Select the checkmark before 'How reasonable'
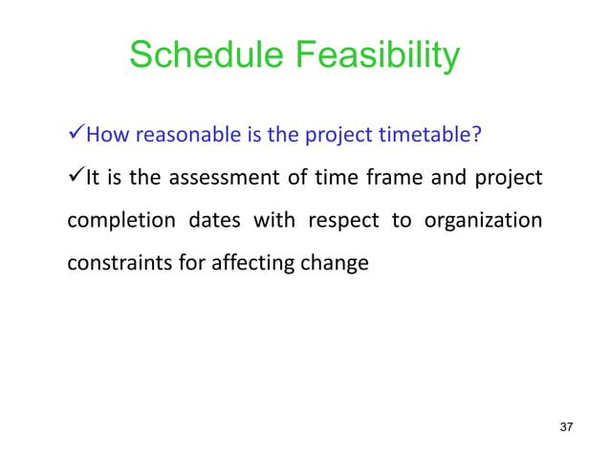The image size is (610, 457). tap(76, 133)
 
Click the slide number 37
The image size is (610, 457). tap(565, 425)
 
